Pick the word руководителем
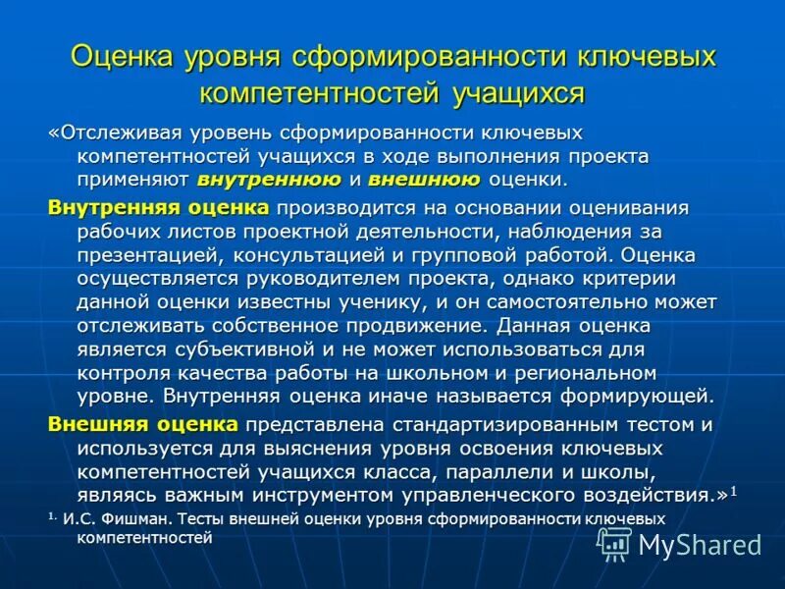click(x=326, y=279)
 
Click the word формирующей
click(x=634, y=397)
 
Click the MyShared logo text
click(x=700, y=545)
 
